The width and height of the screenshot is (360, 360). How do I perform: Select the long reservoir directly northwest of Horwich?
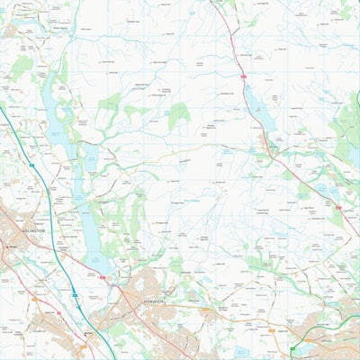point(93,225)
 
